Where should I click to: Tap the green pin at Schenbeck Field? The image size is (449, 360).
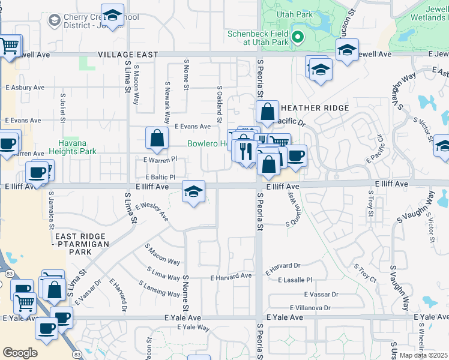coord(297,39)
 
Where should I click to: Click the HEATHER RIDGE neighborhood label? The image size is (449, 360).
coord(315,108)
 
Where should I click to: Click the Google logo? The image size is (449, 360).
coord(20,353)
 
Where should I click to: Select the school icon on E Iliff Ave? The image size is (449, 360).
coord(193,192)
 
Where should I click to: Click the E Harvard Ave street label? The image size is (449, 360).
coord(231,276)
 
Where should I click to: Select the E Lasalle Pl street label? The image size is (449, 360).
coord(294,280)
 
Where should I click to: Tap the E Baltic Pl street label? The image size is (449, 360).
coord(160,178)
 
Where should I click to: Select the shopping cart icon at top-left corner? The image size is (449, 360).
coord(9,46)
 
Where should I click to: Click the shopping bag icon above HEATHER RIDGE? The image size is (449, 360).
coord(267,111)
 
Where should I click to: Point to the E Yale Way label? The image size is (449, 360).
coord(193,328)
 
